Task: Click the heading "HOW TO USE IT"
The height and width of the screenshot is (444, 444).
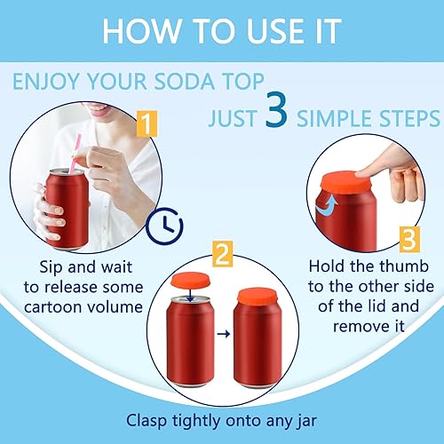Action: [221, 29]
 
